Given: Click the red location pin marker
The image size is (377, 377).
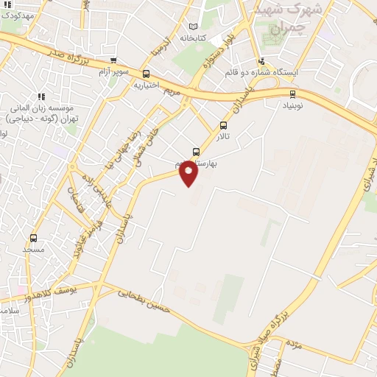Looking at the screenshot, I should click(189, 172).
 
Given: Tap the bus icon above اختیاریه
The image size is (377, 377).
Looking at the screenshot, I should click(146, 74).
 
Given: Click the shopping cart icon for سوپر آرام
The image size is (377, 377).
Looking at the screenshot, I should click(113, 61).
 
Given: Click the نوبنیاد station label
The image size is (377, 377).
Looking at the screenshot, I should click(293, 105).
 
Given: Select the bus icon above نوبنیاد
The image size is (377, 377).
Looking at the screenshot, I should click(293, 94).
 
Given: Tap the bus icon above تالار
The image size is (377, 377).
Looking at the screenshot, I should click(224, 125).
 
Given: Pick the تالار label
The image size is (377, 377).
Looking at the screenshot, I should click(222, 137).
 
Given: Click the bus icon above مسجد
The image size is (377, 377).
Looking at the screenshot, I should click(33, 238).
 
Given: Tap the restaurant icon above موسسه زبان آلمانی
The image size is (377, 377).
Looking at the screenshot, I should click(41, 96).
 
